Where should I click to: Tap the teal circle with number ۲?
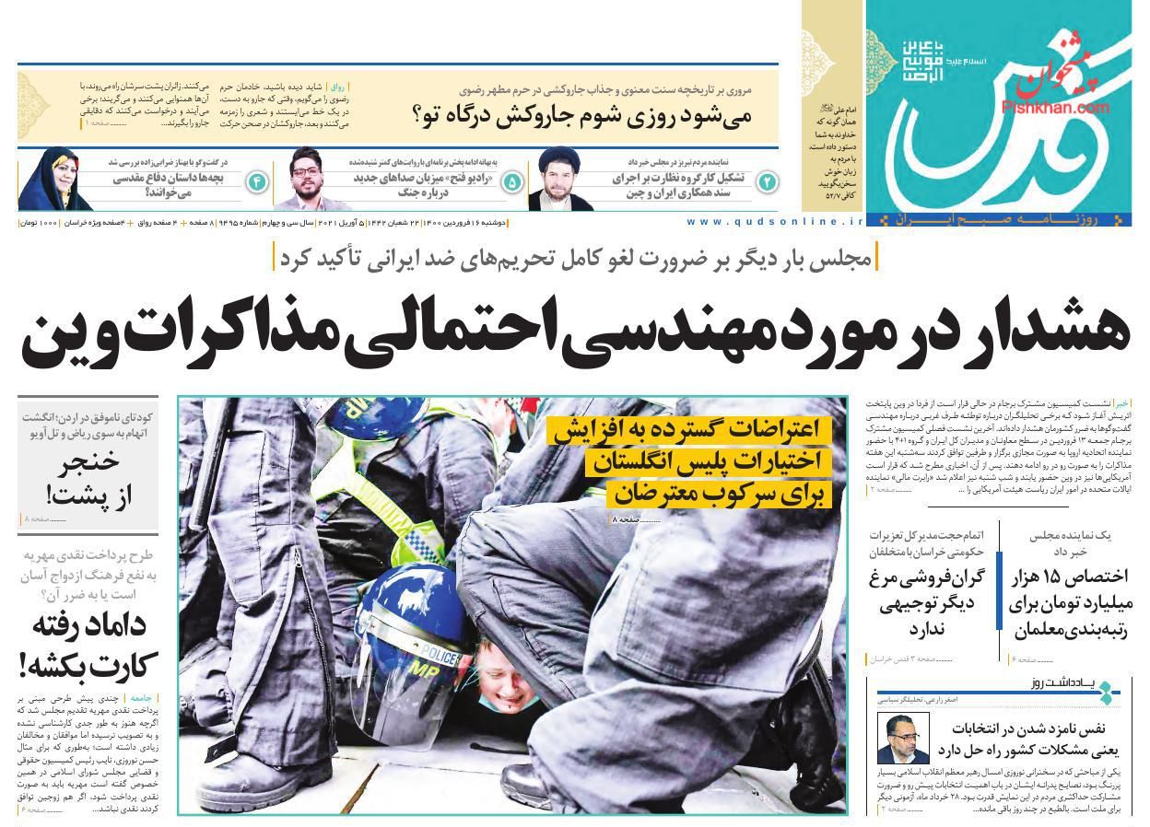(767, 182)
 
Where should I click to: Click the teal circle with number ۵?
(512, 182)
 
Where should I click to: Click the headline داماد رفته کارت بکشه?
(88, 645)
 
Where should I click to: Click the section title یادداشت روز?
(1069, 683)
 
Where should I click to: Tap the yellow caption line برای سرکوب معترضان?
(719, 495)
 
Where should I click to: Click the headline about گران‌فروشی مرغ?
(926, 603)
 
